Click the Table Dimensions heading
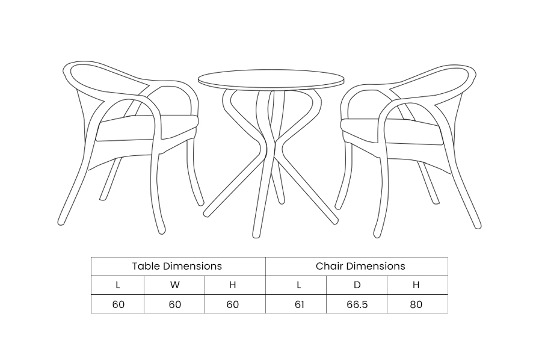(177, 266)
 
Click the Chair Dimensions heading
(360, 266)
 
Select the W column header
(174, 285)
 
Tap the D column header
(357, 285)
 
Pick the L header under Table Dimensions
(118, 285)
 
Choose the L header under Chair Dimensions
(299, 285)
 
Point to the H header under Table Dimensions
(233, 285)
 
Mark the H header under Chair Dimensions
(416, 285)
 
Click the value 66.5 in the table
(357, 304)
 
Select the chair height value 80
(416, 304)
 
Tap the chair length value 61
(300, 304)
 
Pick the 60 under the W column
(175, 304)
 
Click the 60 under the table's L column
(119, 304)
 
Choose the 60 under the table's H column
(233, 304)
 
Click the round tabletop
(271, 80)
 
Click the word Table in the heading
(146, 266)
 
